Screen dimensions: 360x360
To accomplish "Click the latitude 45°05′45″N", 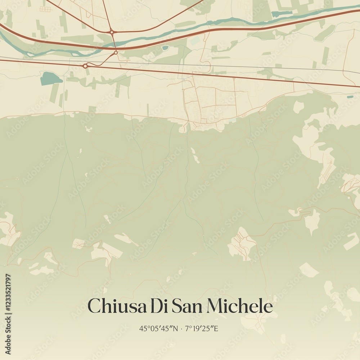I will point(158,328).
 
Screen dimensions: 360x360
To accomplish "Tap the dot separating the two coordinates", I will point(181,329).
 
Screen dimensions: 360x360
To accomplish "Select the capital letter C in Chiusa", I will point(94,306).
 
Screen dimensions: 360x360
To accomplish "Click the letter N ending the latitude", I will point(175,328).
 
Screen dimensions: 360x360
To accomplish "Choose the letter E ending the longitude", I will point(216,328).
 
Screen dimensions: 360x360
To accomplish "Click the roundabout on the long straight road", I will point(85,66).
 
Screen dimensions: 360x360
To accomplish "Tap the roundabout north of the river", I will point(112,32).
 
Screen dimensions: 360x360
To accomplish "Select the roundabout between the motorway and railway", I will point(116,53).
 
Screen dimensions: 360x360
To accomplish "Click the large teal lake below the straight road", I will point(50,78).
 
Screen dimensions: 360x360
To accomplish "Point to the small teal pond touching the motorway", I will point(165,48).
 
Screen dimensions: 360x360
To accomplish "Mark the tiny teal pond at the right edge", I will point(350,97).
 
